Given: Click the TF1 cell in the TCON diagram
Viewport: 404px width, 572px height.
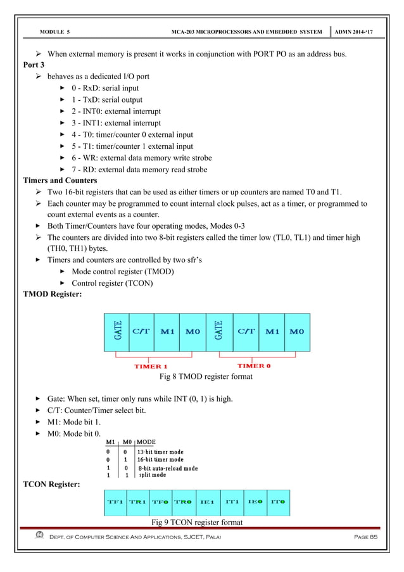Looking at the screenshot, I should click(115, 502).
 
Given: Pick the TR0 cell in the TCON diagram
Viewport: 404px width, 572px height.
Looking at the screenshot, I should click(183, 502).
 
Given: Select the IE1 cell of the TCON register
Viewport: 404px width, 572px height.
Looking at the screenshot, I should click(206, 502).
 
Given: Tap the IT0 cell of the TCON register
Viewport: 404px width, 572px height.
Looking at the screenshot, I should click(277, 502).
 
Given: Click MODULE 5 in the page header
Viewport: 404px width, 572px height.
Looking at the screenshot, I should click(54, 30).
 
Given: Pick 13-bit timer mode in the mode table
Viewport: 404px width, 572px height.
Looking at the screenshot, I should click(161, 450).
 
